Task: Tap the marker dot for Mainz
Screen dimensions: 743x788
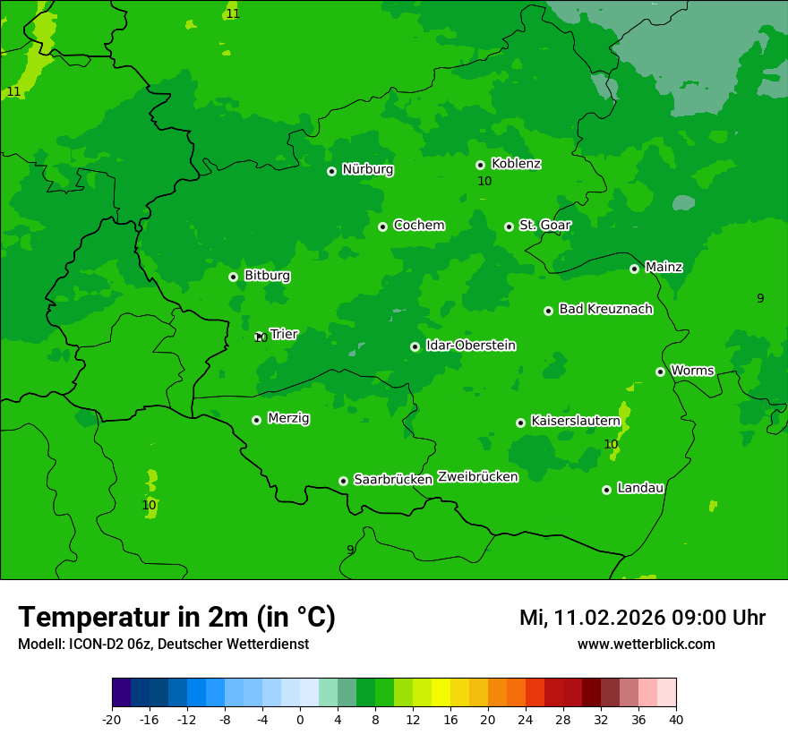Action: point(634,269)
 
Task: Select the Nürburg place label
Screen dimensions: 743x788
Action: point(367,169)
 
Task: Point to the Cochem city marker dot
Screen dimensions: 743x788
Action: point(382,226)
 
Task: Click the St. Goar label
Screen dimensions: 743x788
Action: point(544,226)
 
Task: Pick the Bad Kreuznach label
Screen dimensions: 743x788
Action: point(605,309)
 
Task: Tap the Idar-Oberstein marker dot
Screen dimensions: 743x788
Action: point(415,346)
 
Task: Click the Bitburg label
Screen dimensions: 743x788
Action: point(267,276)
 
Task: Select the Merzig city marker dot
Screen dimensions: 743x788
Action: point(256,420)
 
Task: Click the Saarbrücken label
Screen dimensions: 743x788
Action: point(393,480)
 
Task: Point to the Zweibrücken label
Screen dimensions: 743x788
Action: point(477,477)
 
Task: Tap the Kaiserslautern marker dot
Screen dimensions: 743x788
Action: point(520,423)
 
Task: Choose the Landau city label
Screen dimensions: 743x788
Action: point(640,488)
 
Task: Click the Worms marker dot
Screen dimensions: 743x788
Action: point(660,371)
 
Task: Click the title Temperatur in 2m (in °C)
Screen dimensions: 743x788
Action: point(176,617)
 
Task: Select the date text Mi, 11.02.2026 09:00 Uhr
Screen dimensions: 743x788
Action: point(642,618)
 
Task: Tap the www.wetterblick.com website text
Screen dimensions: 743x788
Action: point(646,645)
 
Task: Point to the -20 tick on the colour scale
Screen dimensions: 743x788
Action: point(112,720)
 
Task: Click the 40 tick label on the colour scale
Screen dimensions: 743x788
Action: point(676,720)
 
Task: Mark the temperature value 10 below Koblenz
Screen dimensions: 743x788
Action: point(484,181)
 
